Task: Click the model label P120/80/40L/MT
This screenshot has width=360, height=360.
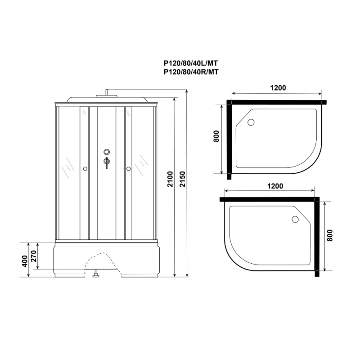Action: (x=191, y=63)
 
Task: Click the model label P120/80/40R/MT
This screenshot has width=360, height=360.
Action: (x=191, y=72)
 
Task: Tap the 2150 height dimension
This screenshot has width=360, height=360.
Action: (x=183, y=179)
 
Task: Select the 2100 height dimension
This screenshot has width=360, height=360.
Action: (x=170, y=179)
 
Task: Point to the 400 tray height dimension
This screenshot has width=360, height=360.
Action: (x=25, y=261)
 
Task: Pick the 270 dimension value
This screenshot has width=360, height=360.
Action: (x=33, y=256)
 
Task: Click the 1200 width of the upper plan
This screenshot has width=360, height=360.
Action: (x=278, y=88)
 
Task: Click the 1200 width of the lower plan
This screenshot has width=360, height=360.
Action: (x=275, y=186)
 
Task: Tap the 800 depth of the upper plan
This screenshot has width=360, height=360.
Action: (x=216, y=136)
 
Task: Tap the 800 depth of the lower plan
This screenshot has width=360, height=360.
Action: (x=329, y=235)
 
